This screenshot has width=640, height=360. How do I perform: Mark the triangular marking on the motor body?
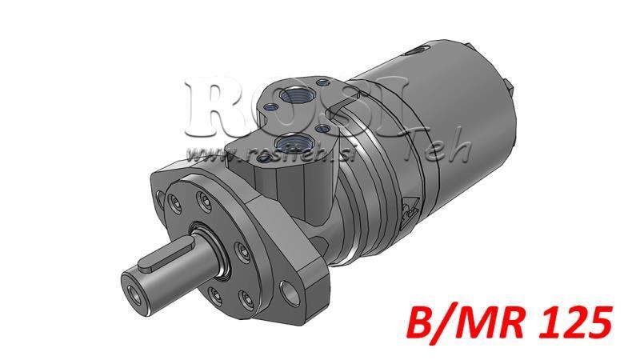pos(406,210)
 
